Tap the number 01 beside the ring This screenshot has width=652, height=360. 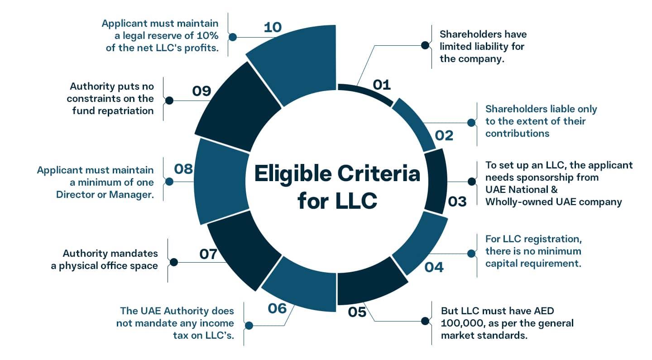point(381,84)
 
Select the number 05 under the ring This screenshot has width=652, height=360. point(357,312)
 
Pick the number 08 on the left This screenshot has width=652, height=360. point(184,169)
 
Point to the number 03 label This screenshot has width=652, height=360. point(457,201)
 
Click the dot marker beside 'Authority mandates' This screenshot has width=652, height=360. point(173,262)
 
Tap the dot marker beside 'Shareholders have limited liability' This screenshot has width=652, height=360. point(425,45)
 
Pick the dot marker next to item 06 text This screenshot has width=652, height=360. point(249,325)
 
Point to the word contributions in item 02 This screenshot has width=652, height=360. point(517,133)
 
